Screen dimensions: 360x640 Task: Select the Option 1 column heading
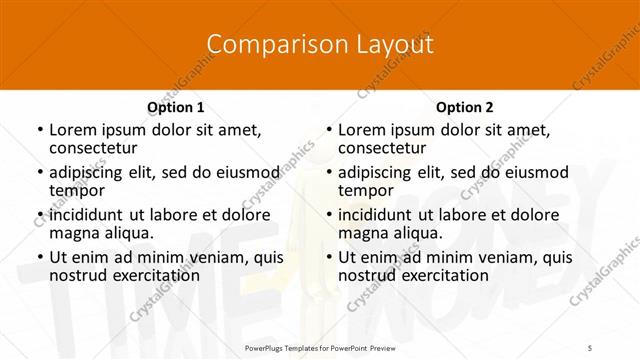point(175,107)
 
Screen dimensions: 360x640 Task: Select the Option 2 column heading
point(464,107)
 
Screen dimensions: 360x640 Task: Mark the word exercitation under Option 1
point(150,275)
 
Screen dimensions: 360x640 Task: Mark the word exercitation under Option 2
point(439,275)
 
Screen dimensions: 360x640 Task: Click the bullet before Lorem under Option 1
point(39,130)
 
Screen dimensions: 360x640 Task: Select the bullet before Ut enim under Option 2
point(328,257)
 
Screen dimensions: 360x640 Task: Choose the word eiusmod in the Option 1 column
point(244,172)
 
